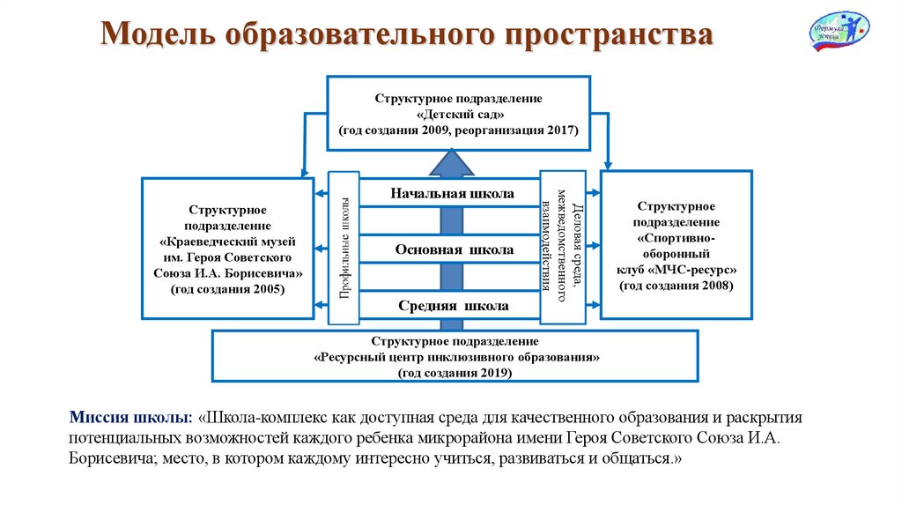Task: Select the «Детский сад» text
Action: coord(460,115)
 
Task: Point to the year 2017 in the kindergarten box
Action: coord(559,130)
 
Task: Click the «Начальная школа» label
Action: coord(453,193)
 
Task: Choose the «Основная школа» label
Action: coord(454,250)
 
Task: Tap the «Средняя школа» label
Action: coord(453,307)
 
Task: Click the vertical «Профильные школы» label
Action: coord(344,248)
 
